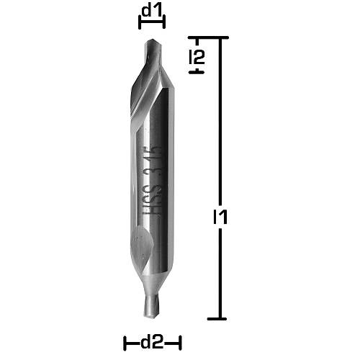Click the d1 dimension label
(x=151, y=11)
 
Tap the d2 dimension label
(x=151, y=343)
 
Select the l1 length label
(x=221, y=216)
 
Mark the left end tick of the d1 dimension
(x=139, y=22)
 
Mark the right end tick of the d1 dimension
(x=165, y=22)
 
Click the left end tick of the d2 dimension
(x=125, y=342)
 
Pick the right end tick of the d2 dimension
(x=179, y=342)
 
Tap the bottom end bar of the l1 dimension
(x=220, y=318)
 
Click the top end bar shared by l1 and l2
(x=209, y=37)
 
